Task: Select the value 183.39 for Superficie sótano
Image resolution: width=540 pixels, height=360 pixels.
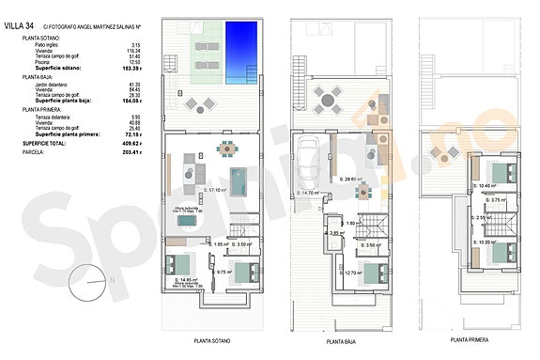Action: click(x=135, y=69)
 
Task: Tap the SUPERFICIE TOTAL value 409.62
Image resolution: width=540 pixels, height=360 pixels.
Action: click(x=135, y=142)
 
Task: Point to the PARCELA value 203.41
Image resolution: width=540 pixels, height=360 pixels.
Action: click(x=135, y=150)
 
